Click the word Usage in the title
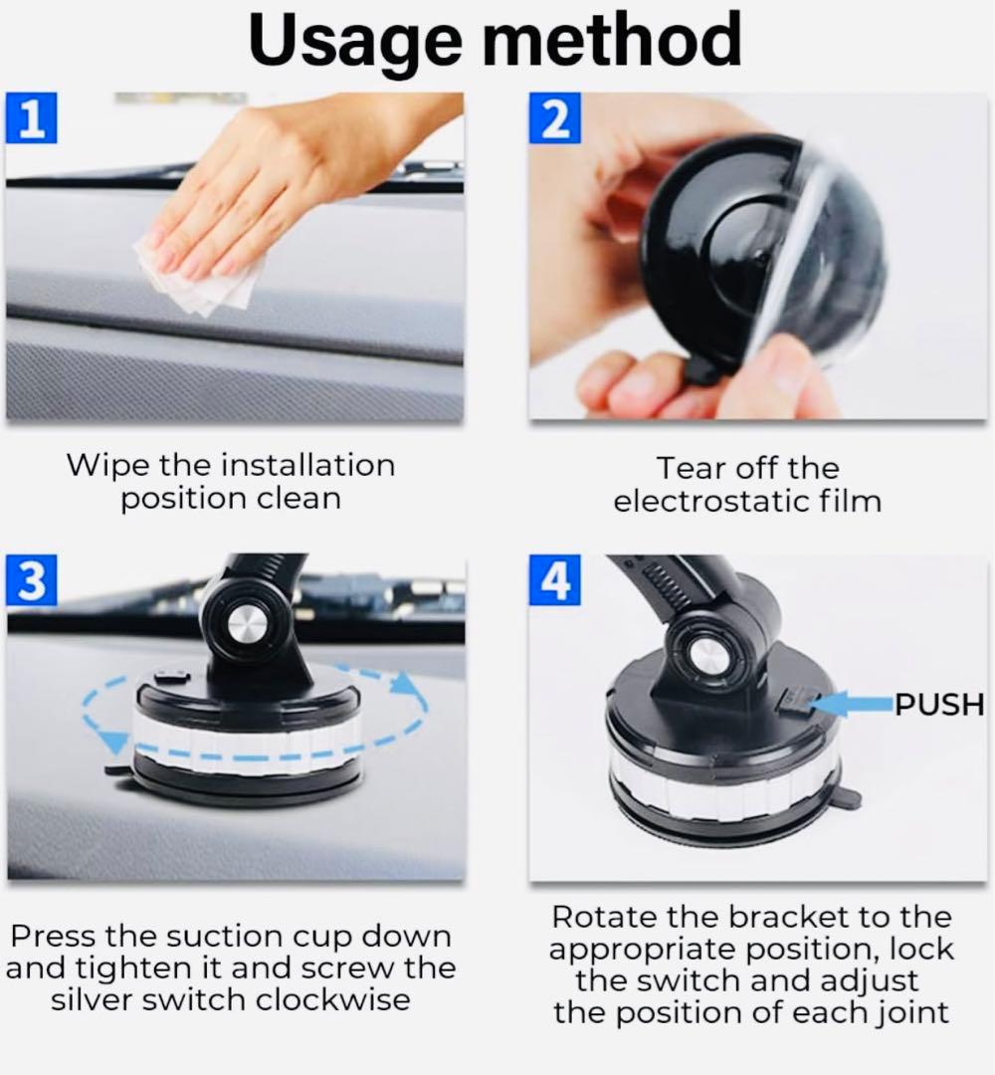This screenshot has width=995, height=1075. pos(355,41)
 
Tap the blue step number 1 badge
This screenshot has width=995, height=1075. pos(32,117)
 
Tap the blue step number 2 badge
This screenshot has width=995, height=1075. pos(554,117)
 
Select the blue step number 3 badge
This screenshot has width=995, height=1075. pos(32,580)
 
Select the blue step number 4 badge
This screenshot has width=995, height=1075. pos(554,580)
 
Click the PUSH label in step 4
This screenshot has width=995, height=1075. pos(939,704)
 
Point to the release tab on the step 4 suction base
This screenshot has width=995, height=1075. pos(846,797)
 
